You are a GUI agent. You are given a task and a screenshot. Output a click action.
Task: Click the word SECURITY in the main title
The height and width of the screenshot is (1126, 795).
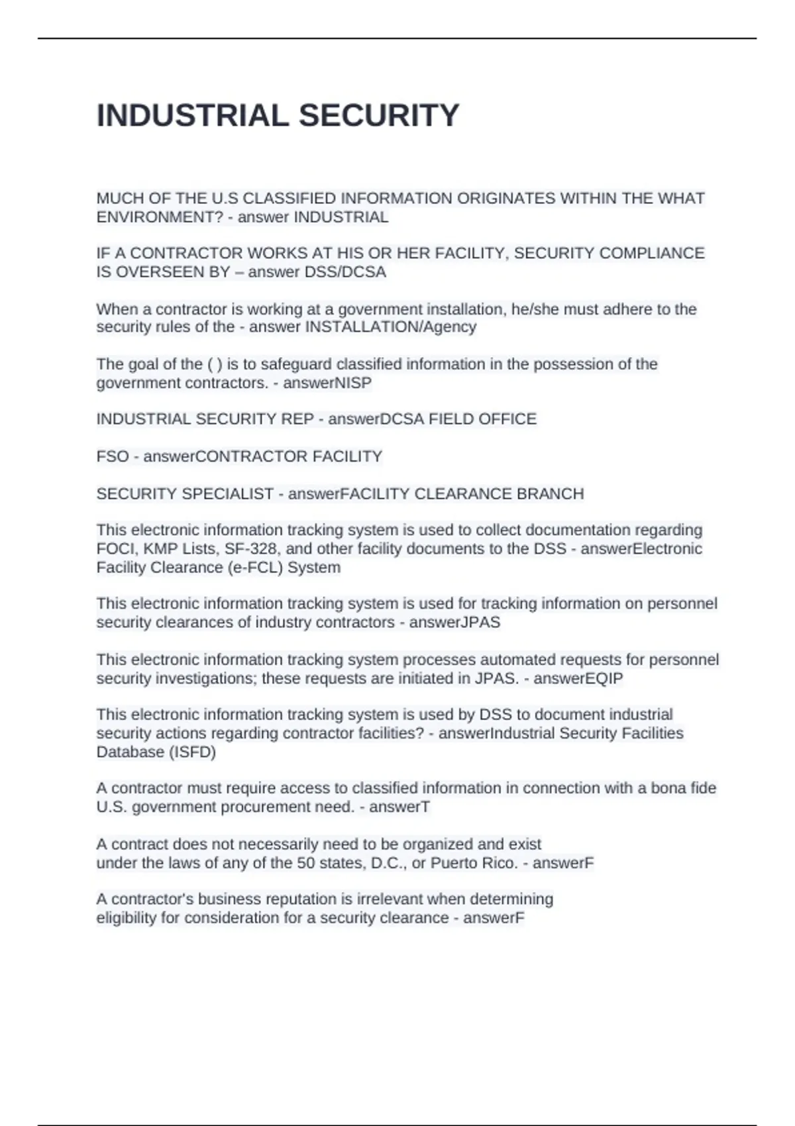(379, 116)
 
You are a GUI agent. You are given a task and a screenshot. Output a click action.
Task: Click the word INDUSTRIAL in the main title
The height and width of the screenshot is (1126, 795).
(193, 116)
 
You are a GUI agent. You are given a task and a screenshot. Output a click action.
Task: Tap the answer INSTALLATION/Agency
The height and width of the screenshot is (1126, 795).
(390, 327)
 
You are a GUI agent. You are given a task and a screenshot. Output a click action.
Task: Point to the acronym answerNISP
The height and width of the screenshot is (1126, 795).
(327, 383)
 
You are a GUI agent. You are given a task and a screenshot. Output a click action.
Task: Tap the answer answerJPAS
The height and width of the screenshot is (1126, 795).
(454, 623)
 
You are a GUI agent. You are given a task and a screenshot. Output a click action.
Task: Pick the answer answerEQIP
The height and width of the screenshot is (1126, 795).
(578, 678)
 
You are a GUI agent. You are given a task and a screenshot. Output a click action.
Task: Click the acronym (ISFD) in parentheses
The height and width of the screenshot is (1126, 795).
(193, 752)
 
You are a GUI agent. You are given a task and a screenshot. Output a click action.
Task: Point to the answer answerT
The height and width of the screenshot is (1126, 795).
(399, 807)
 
